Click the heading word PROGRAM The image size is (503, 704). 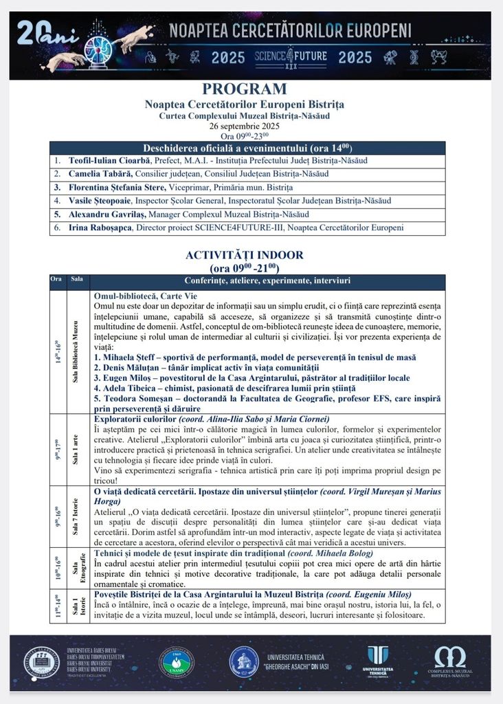click(x=245, y=89)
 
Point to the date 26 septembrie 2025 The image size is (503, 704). click(x=245, y=126)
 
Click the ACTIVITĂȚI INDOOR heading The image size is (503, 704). click(x=245, y=255)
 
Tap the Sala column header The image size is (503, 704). click(x=77, y=279)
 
